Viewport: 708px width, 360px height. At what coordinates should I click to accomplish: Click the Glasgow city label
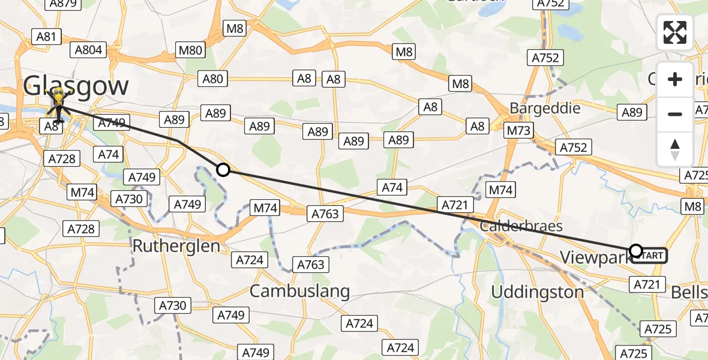pyautogui.click(x=76, y=86)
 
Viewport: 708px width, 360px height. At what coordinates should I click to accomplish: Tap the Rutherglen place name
pyautogui.click(x=176, y=246)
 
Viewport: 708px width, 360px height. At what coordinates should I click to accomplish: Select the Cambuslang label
pyautogui.click(x=299, y=292)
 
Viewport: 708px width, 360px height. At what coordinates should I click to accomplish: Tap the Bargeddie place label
pyautogui.click(x=545, y=109)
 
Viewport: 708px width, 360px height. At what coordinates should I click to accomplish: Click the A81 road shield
pyautogui.click(x=46, y=37)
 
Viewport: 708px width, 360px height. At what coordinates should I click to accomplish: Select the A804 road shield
pyautogui.click(x=89, y=50)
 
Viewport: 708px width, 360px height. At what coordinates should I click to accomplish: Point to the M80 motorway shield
pyautogui.click(x=191, y=50)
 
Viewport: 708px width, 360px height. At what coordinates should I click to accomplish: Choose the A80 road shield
pyautogui.click(x=212, y=79)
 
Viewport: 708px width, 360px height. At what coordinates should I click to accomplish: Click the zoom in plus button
pyautogui.click(x=675, y=80)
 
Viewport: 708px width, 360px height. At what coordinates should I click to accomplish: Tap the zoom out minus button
pyautogui.click(x=675, y=114)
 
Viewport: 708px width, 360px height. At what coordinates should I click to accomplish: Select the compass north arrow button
pyautogui.click(x=675, y=148)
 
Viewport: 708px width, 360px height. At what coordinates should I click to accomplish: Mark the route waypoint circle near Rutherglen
pyautogui.click(x=223, y=170)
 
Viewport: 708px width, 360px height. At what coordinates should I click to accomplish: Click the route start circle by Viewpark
pyautogui.click(x=635, y=251)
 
